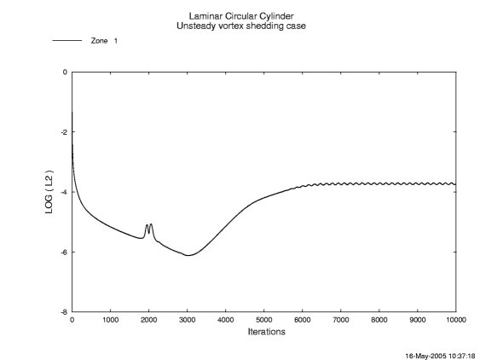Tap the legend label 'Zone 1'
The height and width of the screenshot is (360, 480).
(103, 41)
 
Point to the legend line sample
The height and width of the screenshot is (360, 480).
(66, 41)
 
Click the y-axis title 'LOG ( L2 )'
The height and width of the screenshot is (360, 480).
(49, 191)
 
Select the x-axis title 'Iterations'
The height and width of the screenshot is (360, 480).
(264, 331)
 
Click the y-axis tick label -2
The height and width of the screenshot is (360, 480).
(63, 132)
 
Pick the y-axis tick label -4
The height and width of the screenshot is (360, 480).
(63, 192)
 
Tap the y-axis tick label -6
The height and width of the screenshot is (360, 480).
(63, 252)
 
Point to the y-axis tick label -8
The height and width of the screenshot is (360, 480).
(63, 311)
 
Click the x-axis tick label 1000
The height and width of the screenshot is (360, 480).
(110, 321)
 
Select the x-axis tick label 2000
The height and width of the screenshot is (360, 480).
(148, 321)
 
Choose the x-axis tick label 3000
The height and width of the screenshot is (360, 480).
(187, 321)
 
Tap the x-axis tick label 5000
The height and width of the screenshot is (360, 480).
(263, 321)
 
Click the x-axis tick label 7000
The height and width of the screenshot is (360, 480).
(340, 321)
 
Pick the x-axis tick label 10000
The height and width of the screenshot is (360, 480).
(457, 321)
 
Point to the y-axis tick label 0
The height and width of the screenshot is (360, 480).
(65, 73)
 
